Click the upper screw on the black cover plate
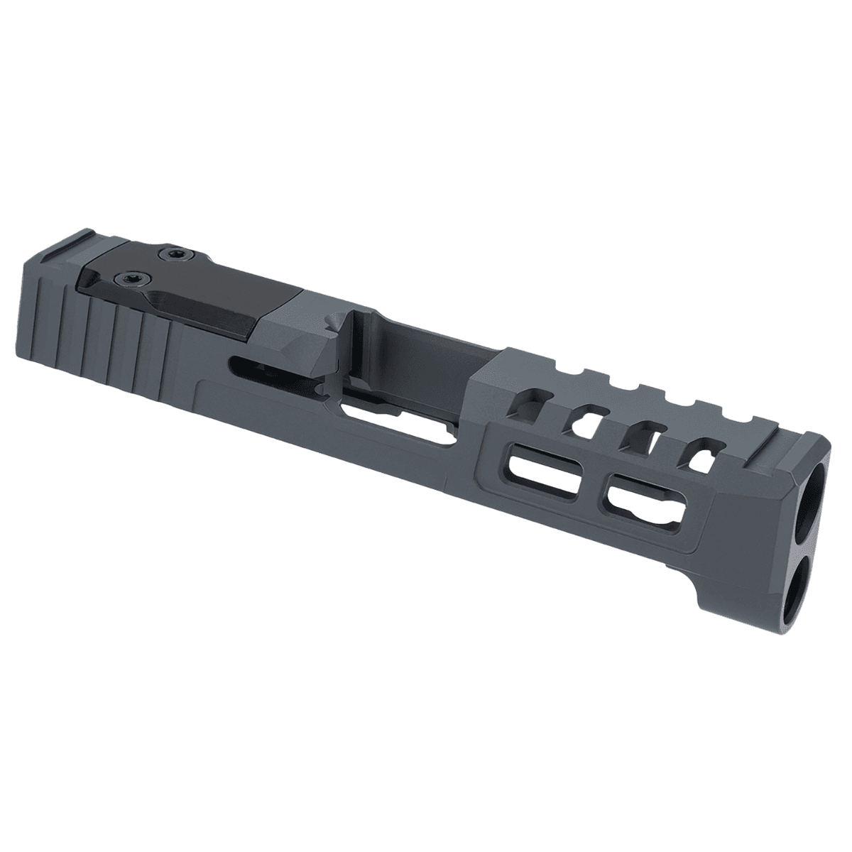coord(170,253)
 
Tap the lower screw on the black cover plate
coord(133,277)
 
